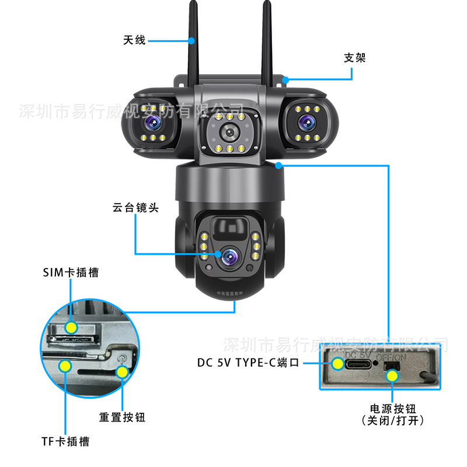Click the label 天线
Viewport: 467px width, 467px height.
(134, 40)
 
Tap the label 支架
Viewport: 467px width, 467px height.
(354, 58)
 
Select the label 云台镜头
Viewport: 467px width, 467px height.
(135, 207)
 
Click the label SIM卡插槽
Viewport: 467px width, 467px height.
(71, 273)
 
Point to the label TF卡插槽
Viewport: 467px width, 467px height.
(65, 441)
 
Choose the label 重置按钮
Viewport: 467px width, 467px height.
(122, 417)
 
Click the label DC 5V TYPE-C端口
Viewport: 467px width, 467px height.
(248, 363)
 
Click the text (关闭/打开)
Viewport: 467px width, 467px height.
(392, 420)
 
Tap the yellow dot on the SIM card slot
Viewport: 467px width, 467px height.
(71, 327)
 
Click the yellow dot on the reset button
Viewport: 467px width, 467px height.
(122, 372)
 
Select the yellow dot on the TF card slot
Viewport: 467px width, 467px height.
(65, 366)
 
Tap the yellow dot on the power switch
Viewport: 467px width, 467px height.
(393, 375)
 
